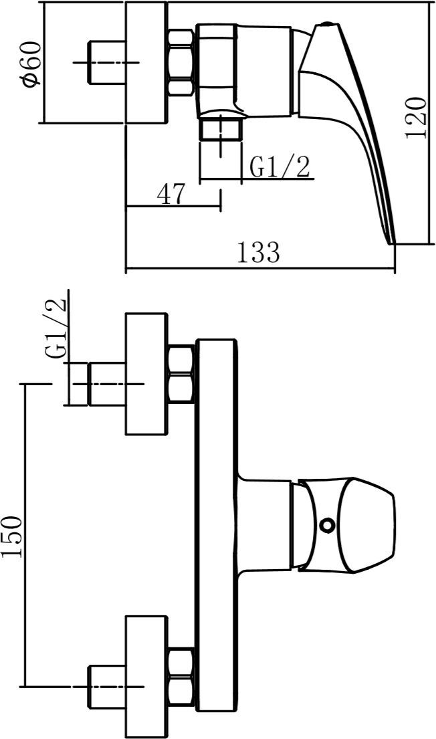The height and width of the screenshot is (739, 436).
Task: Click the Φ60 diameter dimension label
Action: point(32,64)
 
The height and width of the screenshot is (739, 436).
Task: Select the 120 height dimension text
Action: point(416,118)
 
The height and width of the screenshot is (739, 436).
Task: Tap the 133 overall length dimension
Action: point(258,252)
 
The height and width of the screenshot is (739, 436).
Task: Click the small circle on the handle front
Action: point(326,524)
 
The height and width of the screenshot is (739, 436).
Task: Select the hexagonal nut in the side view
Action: point(181,63)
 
